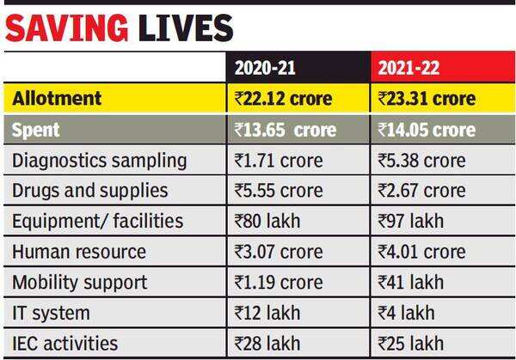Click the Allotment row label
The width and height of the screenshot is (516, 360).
[x=58, y=99]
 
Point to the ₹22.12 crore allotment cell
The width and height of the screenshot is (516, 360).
[x=283, y=99]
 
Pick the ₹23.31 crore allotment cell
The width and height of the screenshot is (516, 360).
[x=427, y=99]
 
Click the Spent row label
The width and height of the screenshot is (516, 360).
[x=36, y=130]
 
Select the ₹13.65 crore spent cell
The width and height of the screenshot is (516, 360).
[x=285, y=130]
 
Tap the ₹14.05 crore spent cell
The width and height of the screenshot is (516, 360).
[x=427, y=130]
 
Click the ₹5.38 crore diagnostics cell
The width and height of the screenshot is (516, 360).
[x=421, y=161]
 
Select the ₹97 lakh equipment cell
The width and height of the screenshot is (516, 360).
[x=410, y=222]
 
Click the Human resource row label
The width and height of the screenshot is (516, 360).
[x=79, y=252]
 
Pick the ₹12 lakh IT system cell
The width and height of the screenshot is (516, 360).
[x=267, y=313]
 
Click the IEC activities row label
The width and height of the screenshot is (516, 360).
[x=64, y=344]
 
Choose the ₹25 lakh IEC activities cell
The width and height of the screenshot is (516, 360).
[x=410, y=344]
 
